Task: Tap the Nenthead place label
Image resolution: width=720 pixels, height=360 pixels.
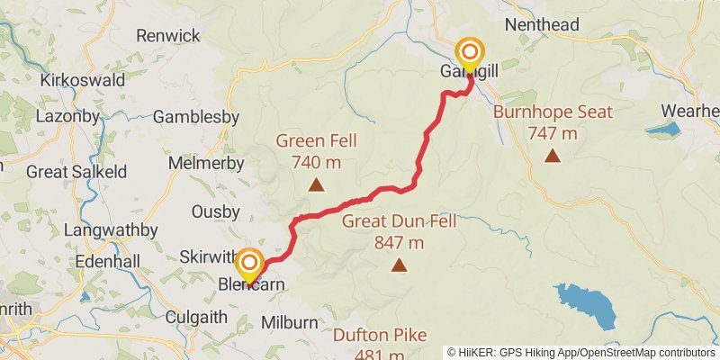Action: click(x=542, y=25)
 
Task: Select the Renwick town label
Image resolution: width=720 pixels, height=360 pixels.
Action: click(x=167, y=36)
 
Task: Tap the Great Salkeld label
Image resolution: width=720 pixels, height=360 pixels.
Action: click(x=76, y=171)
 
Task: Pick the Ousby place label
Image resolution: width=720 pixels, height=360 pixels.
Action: click(x=216, y=211)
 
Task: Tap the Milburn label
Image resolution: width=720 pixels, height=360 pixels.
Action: click(x=289, y=322)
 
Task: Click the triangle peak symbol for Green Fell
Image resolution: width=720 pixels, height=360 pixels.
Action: click(x=316, y=185)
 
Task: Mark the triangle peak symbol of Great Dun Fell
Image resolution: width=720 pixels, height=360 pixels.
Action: click(x=399, y=265)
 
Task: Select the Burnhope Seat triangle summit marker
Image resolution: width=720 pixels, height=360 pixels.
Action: click(x=553, y=157)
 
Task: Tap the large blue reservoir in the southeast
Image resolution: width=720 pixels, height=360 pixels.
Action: click(x=585, y=306)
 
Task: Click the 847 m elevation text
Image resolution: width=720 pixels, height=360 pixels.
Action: click(x=399, y=242)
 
